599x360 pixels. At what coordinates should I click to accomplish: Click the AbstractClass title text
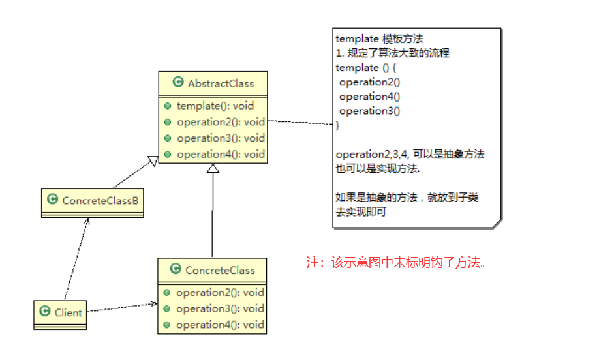click(221, 83)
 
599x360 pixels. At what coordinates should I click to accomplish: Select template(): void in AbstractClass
click(215, 106)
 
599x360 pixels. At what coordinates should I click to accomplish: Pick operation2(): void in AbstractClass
click(221, 121)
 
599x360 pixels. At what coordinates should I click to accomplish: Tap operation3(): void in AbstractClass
click(221, 138)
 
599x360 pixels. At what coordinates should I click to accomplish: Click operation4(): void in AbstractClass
click(221, 154)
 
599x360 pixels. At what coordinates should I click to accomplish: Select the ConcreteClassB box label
click(100, 201)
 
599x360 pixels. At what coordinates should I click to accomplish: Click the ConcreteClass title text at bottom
click(220, 270)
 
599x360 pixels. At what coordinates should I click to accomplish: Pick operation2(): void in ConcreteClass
click(220, 293)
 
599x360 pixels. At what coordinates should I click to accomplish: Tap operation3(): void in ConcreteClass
click(220, 308)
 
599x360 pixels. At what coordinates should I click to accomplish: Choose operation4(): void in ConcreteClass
click(220, 325)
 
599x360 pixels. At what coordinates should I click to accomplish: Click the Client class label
click(68, 312)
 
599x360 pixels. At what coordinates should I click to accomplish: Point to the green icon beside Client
click(45, 312)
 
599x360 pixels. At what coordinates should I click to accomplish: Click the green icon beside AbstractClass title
click(177, 83)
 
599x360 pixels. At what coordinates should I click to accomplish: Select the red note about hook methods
click(398, 263)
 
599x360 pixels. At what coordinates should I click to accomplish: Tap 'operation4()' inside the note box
click(369, 97)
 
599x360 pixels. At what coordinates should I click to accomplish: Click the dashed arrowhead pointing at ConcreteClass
click(155, 304)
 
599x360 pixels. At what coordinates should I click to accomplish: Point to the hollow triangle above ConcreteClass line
click(212, 168)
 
